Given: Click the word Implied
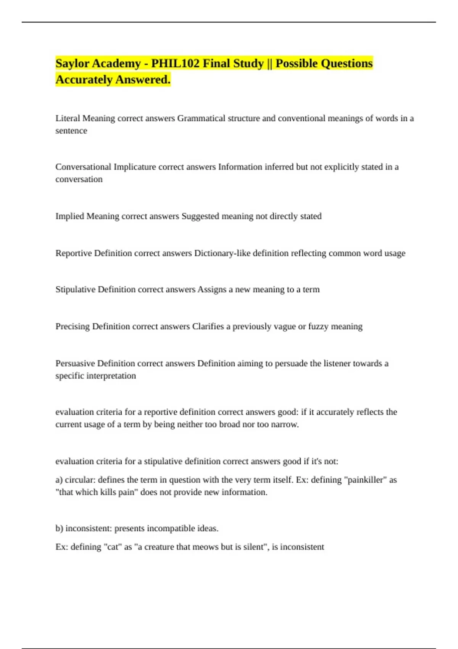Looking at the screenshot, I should [70, 216].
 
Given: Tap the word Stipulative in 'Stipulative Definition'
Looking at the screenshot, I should [75, 289].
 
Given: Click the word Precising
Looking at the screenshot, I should [73, 326].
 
